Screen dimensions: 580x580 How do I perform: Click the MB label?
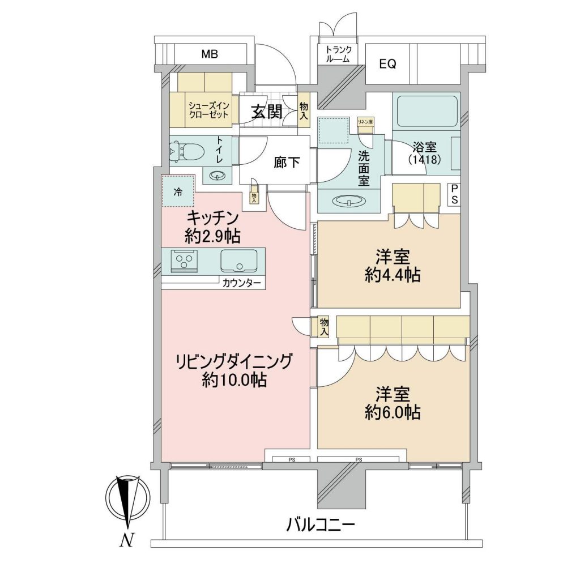tap(210, 54)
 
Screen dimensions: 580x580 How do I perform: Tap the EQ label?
tap(387, 64)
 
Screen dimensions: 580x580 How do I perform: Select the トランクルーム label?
tap(338, 54)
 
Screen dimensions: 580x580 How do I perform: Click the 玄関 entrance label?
tap(267, 112)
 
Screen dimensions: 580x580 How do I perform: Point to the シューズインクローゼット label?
tap(209, 110)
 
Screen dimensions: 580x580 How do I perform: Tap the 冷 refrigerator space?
tap(178, 191)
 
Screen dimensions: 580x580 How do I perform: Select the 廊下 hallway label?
tap(287, 163)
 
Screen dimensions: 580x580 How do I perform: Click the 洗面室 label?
tap(364, 168)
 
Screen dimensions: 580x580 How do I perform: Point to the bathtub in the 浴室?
tap(427, 112)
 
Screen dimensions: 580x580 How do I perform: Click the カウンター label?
tap(242, 284)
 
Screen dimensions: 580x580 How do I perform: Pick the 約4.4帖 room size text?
tap(393, 275)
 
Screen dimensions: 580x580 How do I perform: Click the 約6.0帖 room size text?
tap(393, 412)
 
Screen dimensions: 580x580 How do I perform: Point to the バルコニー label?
tap(321, 524)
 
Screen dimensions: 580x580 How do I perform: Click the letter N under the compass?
tap(126, 540)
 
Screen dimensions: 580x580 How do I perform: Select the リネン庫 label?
tap(365, 121)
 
